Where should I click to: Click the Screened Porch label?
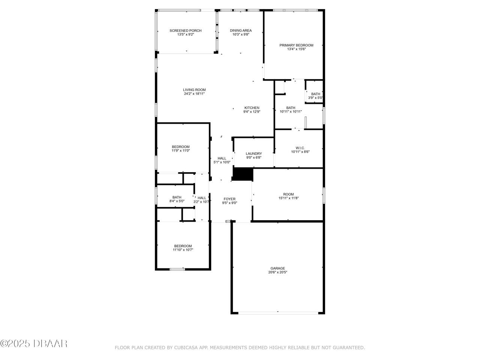pos(185,31)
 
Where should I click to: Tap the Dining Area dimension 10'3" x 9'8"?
pos(241,34)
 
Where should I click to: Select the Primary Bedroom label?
pos(296,45)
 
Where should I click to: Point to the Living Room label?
pos(194,90)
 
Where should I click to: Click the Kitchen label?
pos(252,108)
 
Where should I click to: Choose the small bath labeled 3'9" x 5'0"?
pos(315,96)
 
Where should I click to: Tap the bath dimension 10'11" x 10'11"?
pos(291,111)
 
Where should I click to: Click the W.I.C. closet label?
pos(300,148)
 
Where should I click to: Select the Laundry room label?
pos(253,153)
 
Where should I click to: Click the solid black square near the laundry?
pos(243,174)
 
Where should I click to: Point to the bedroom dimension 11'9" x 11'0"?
pos(181,151)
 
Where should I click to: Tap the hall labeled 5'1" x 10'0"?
pos(222,160)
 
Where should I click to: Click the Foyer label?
pos(229,199)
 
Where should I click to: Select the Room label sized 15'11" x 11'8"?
pos(288,194)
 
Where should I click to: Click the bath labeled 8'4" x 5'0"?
pos(177,199)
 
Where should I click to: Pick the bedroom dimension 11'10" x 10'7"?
pos(183,250)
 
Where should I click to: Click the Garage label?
pos(277,268)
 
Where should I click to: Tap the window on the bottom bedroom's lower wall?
pos(177,269)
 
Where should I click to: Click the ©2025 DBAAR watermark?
pos(34,343)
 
